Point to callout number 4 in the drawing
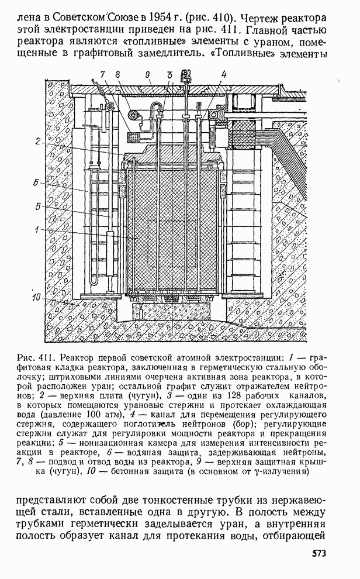[x=224, y=74]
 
